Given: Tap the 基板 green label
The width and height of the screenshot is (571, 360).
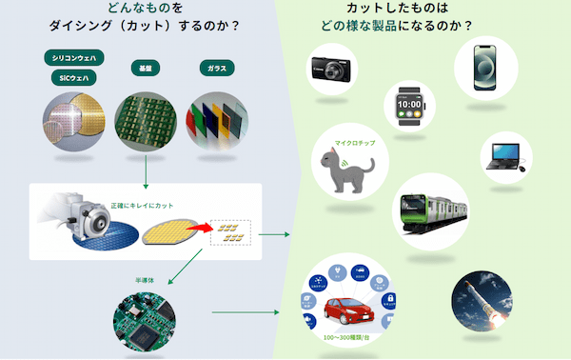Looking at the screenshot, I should tap(143, 68).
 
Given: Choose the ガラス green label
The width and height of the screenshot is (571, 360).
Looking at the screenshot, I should tap(216, 68).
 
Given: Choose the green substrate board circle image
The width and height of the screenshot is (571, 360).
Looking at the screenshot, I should tap(144, 121).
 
